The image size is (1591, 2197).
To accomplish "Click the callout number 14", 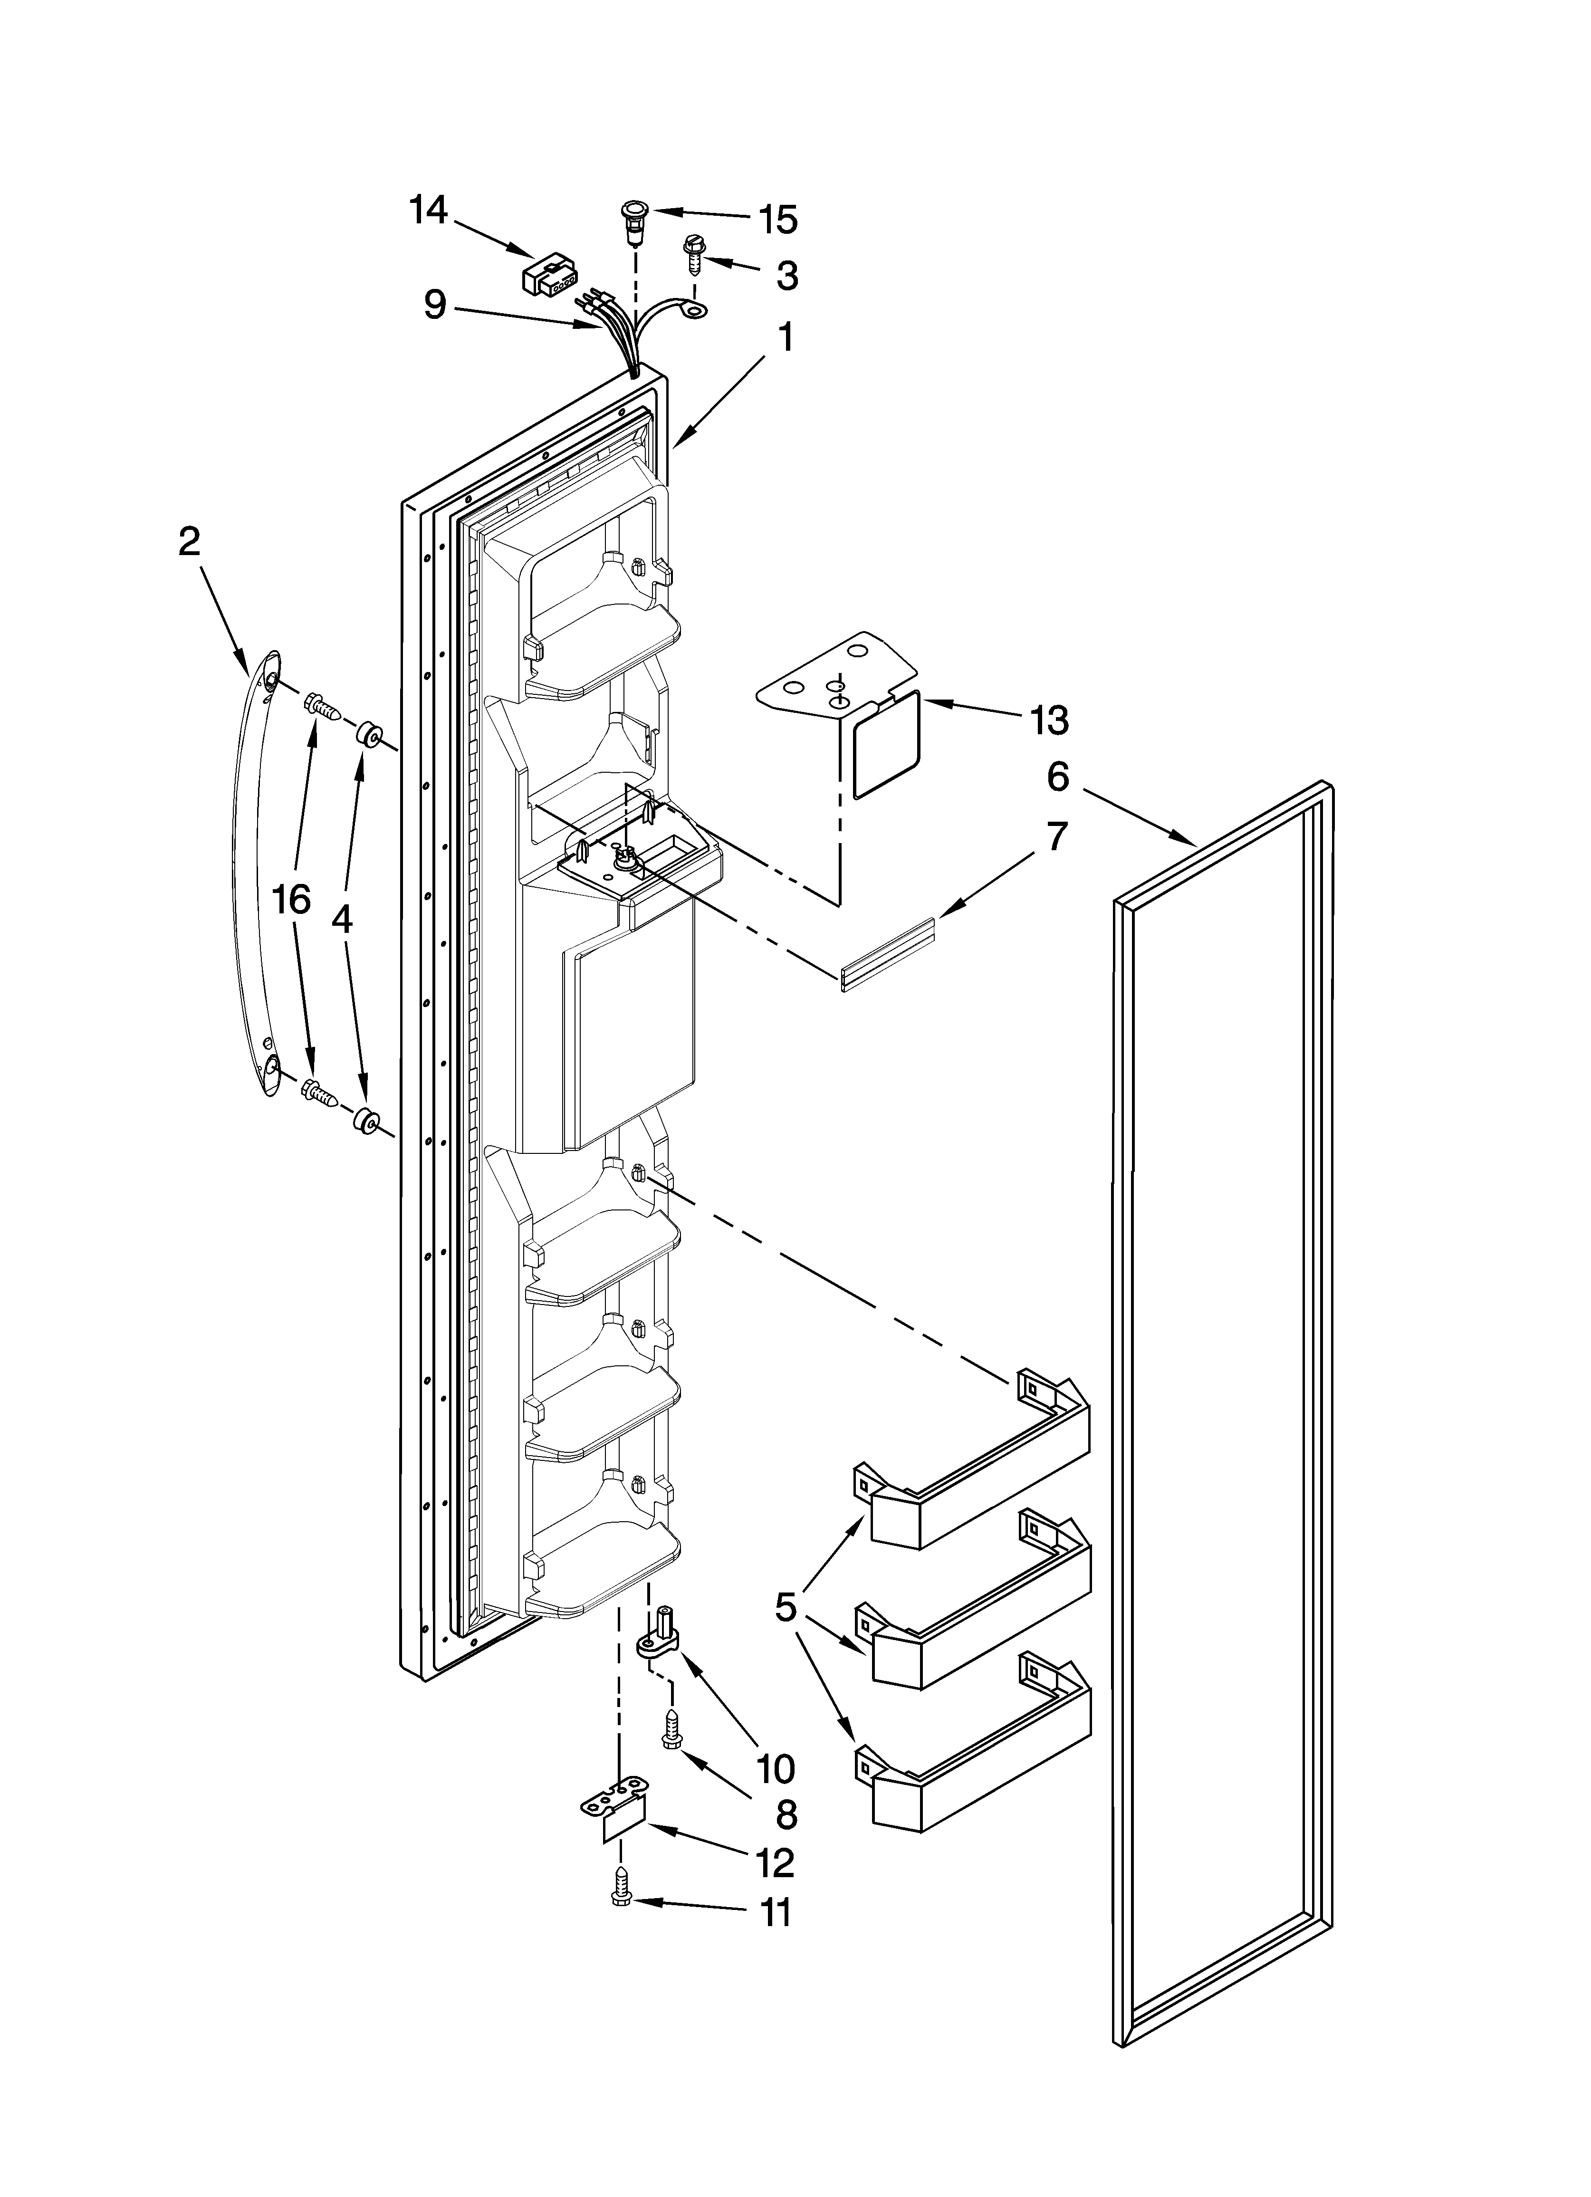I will [x=428, y=210].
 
